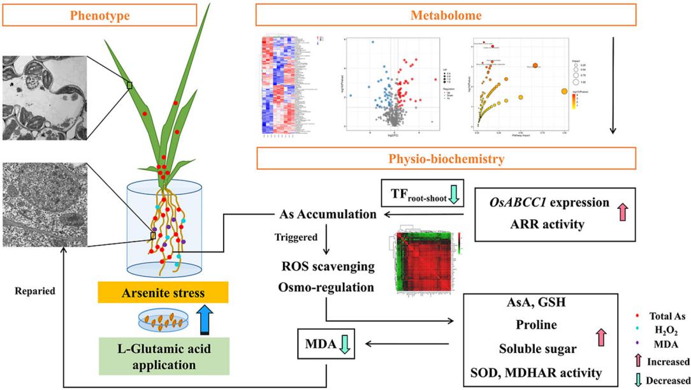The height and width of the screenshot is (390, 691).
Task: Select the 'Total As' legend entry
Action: pyautogui.click(x=665, y=316)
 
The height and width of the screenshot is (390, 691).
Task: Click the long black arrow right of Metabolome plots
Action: pyautogui.click(x=613, y=85)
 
